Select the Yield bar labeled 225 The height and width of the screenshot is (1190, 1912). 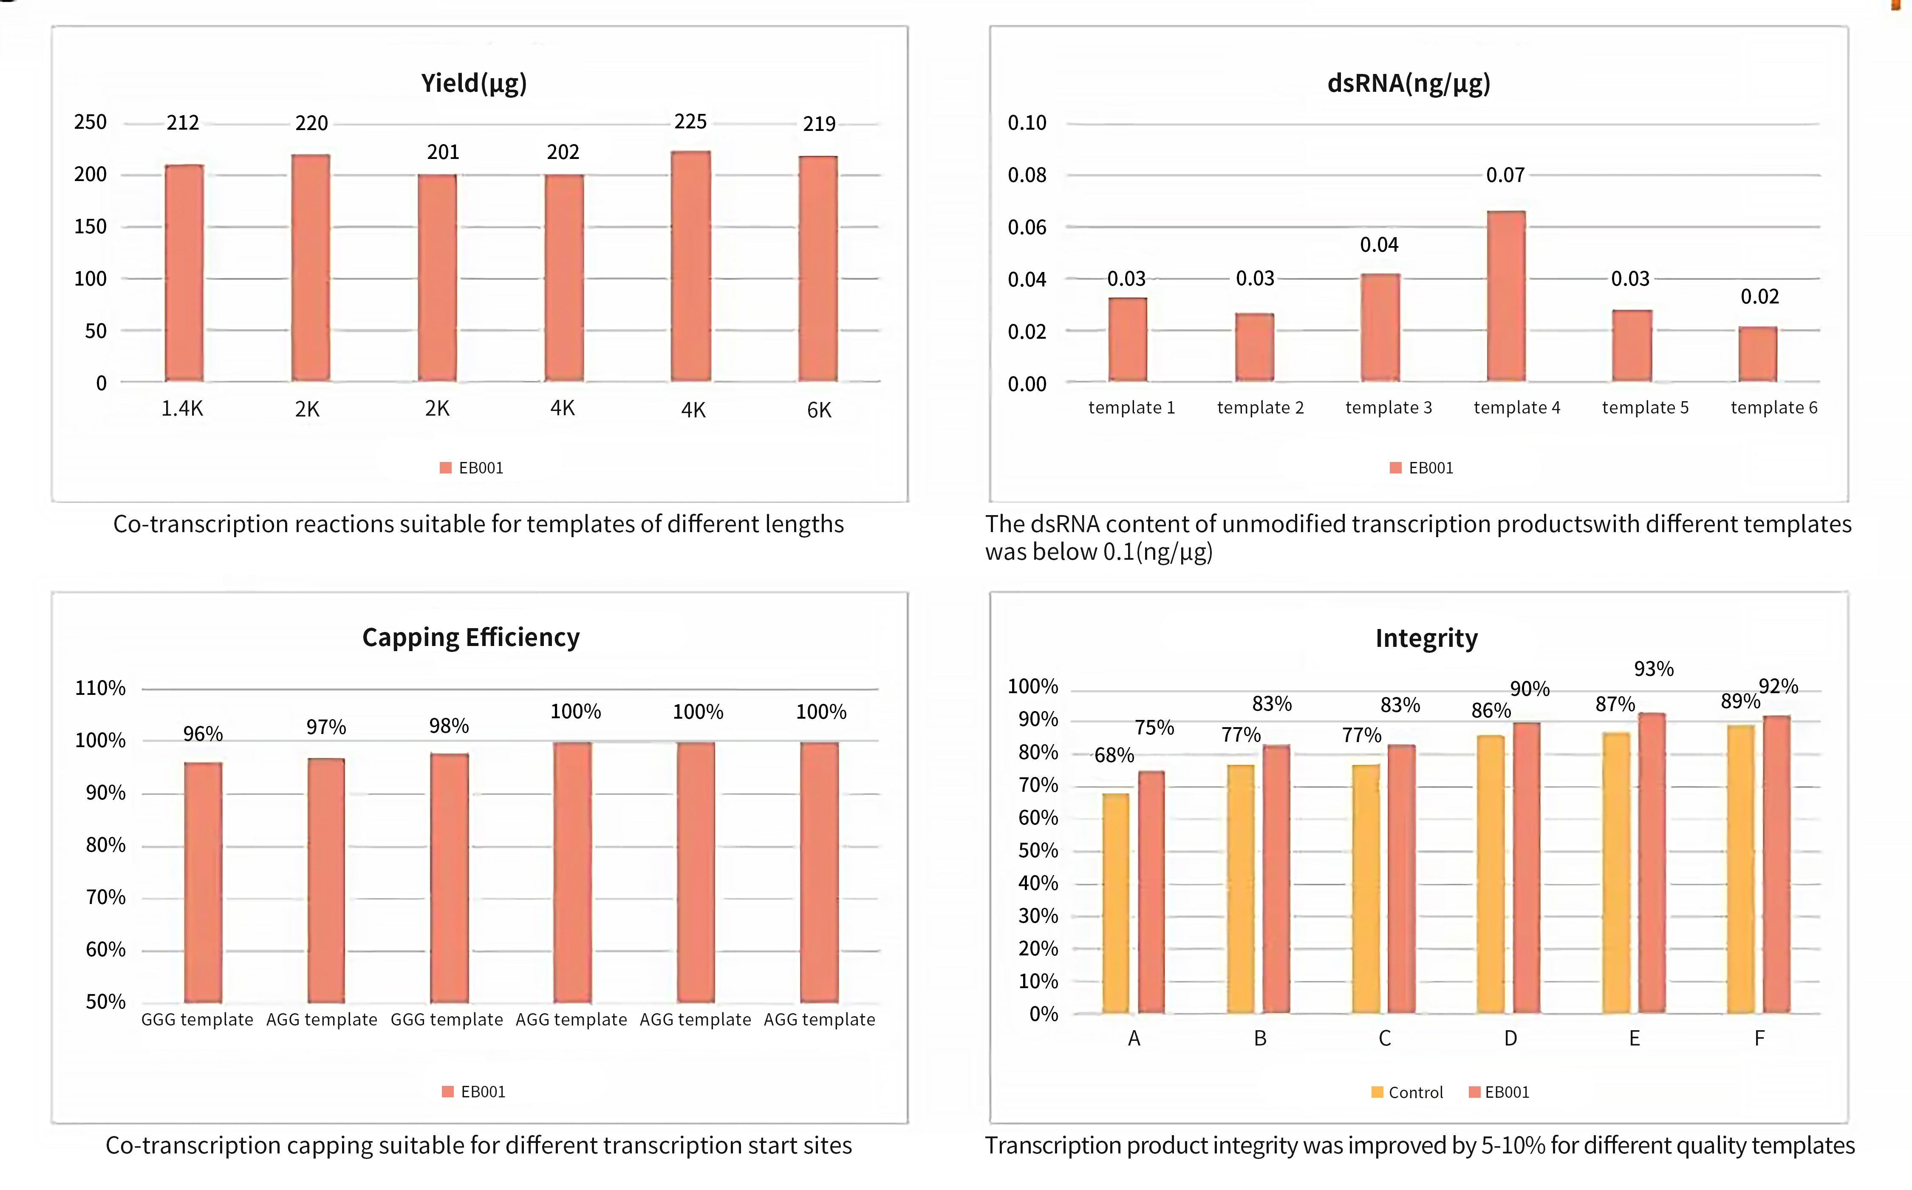pos(691,266)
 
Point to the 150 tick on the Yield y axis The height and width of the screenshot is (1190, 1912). pos(91,227)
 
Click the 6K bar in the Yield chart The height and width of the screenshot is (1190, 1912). pos(818,268)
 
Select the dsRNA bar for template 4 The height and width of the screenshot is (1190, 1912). pos(1506,296)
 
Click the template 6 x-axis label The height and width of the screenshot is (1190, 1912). pos(1774,408)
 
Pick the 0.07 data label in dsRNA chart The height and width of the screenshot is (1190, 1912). pos(1505,175)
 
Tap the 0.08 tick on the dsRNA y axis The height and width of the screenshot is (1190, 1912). pos(1027,175)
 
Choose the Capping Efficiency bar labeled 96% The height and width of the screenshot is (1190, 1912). pos(203,882)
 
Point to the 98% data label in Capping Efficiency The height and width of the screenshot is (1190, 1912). pos(449,725)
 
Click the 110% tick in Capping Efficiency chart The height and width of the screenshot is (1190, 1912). pos(100,688)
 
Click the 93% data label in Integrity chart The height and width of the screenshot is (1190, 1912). pos(1654,669)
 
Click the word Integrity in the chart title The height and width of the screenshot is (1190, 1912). pos(1426,638)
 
